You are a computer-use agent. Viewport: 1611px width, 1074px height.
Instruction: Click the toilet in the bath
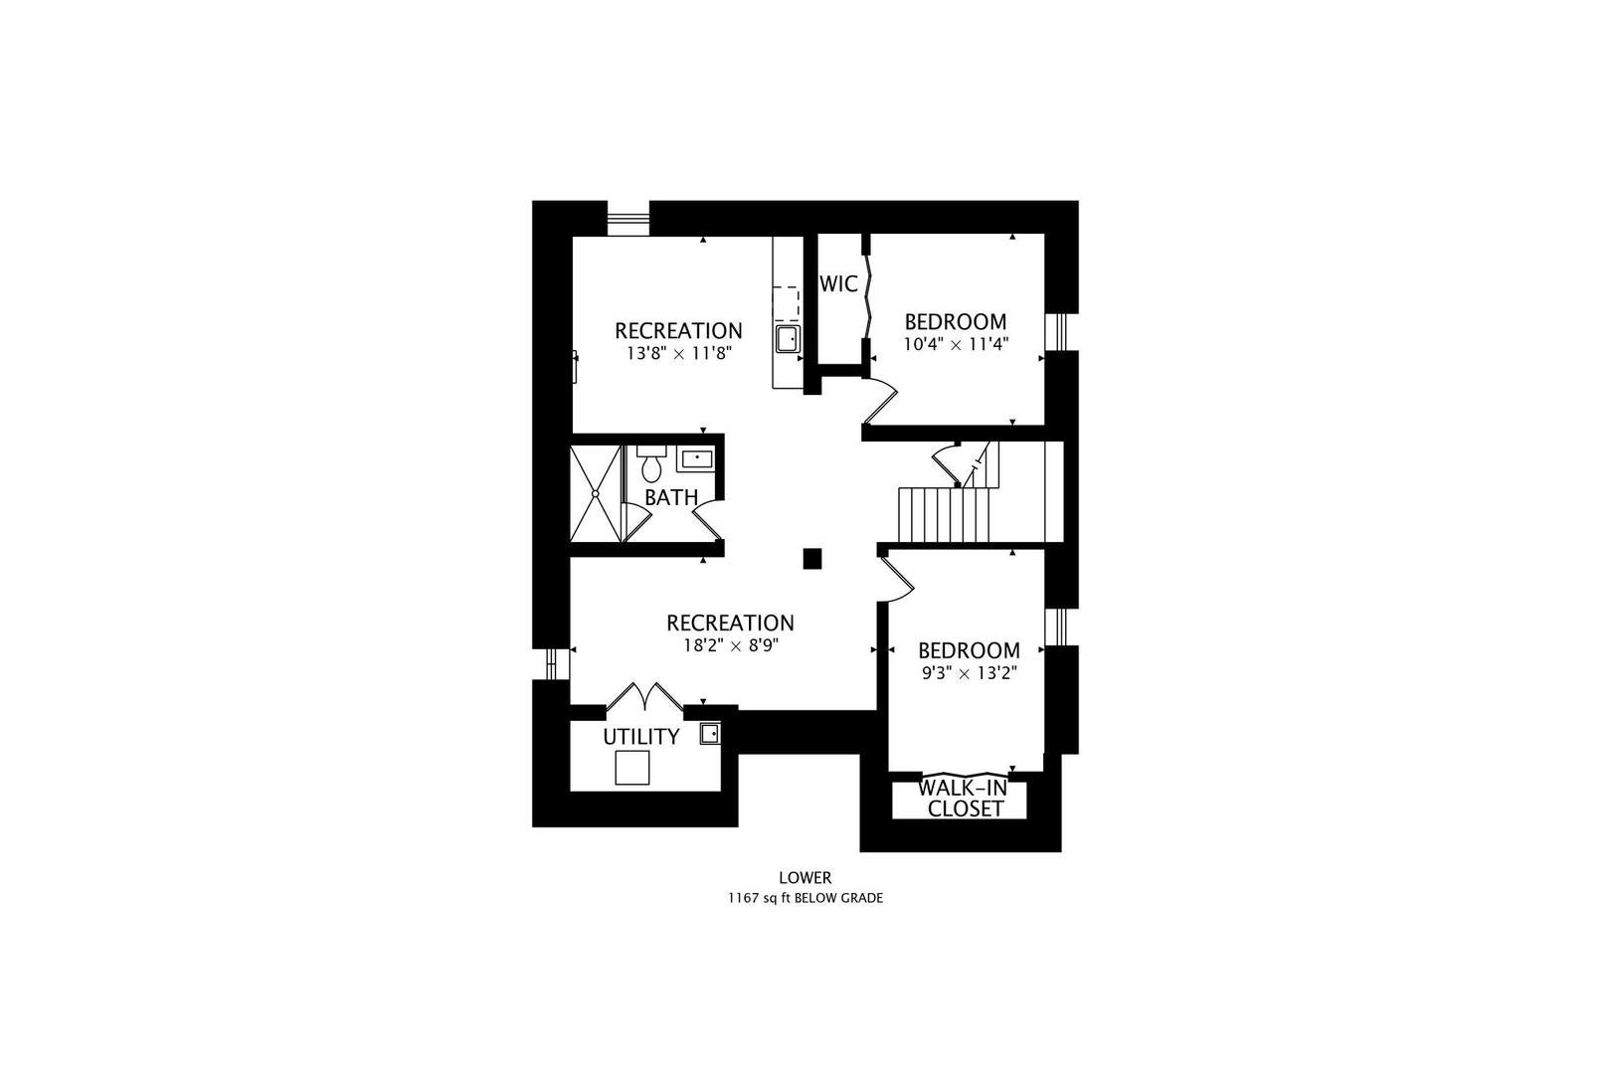point(651,464)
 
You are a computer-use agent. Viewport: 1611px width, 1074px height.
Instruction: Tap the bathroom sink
point(696,458)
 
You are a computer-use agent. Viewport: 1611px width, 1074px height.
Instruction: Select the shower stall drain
point(596,493)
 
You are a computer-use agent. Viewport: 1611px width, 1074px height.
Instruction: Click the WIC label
point(838,284)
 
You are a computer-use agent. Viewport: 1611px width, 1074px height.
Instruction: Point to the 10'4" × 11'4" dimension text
point(956,344)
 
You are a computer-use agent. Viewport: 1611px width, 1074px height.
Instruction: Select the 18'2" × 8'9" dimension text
point(731,645)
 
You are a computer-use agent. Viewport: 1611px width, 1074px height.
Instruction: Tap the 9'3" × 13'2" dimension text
point(969,673)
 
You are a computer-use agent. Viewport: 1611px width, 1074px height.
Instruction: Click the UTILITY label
point(640,737)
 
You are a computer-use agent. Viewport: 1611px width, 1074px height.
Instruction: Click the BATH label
point(671,497)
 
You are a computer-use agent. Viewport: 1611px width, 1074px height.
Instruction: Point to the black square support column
point(812,559)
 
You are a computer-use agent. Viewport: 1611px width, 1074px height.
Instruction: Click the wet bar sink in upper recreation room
point(788,339)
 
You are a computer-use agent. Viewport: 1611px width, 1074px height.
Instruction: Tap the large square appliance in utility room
point(632,767)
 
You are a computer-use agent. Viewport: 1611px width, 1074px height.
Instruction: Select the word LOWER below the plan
point(805,878)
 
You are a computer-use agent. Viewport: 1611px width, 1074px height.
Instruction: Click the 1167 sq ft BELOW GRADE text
point(805,898)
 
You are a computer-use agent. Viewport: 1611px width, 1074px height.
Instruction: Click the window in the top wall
point(627,218)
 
